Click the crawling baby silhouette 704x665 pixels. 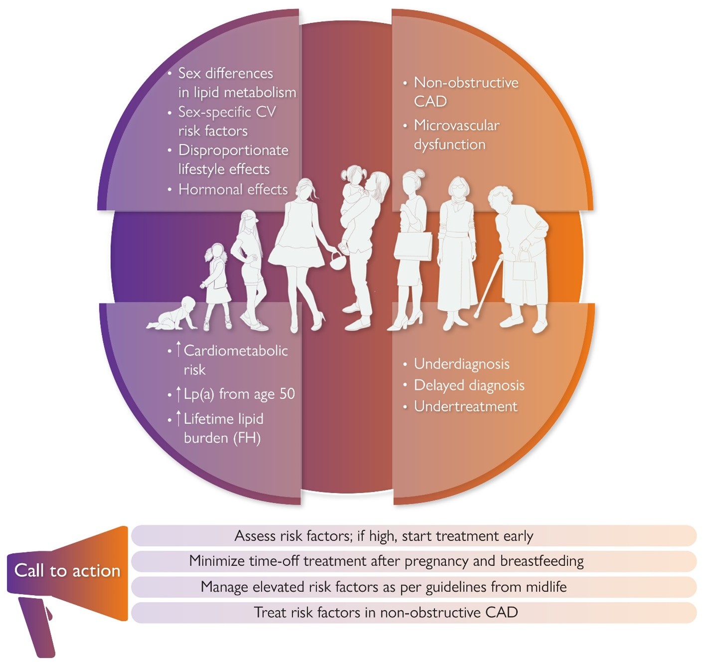tap(172, 314)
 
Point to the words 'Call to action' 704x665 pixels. tap(67, 571)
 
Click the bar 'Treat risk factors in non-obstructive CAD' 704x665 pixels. tap(414, 613)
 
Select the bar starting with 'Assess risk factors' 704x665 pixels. tap(414, 535)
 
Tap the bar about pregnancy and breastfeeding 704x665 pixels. tap(414, 561)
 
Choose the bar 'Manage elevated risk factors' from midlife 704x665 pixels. tap(414, 587)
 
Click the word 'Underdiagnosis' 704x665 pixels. tap(462, 364)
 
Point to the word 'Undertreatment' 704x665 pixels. tap(466, 406)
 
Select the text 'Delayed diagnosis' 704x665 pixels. tap(469, 386)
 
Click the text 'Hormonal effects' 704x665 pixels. tap(233, 189)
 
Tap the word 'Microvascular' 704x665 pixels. tap(457, 125)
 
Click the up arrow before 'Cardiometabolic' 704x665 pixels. tap(178, 349)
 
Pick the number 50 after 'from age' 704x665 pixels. tap(287, 394)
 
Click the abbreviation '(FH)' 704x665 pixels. tap(247, 438)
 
